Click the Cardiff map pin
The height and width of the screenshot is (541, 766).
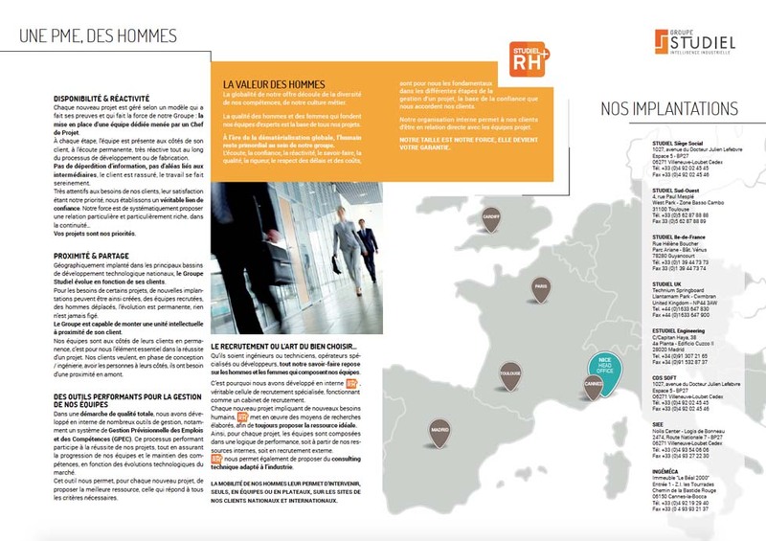(x=491, y=218)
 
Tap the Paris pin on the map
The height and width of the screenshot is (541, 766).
(x=540, y=287)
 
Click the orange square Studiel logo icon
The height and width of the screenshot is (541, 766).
(x=663, y=40)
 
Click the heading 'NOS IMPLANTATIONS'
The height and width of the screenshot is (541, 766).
(x=669, y=108)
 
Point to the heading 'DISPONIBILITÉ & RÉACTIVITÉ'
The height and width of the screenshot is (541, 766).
(x=101, y=99)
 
